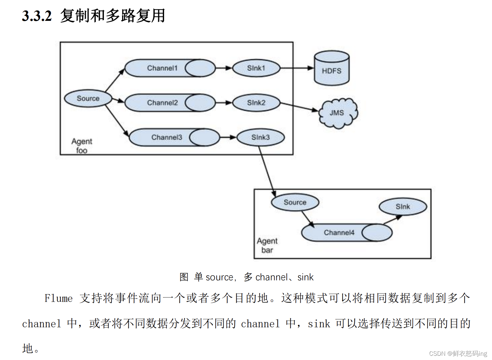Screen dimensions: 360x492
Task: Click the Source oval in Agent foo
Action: (88, 98)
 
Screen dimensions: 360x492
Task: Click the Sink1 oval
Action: (256, 68)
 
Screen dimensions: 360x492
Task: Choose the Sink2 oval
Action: (256, 103)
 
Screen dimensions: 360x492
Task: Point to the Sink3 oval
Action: (260, 137)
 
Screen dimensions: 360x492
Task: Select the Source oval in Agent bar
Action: (295, 202)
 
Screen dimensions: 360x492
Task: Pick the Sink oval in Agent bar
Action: (403, 207)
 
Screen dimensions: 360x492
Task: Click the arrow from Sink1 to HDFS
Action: (297, 68)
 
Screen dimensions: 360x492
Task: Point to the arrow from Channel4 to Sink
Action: (392, 220)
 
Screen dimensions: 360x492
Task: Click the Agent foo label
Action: (82, 145)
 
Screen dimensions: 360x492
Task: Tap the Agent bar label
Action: (267, 245)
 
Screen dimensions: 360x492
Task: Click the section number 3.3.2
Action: (37, 16)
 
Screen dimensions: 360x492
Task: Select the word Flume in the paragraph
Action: (59, 298)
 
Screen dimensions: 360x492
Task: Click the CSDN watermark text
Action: (458, 353)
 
